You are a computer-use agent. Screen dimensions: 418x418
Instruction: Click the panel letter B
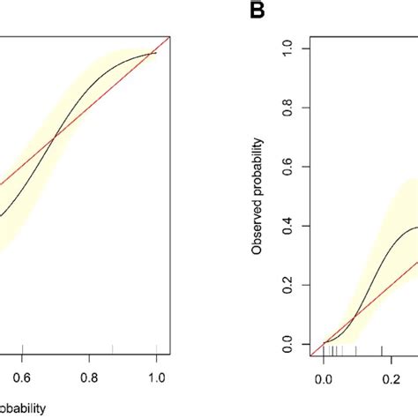click(x=224, y=11)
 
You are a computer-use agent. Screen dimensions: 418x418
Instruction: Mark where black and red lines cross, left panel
click(x=55, y=137)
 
